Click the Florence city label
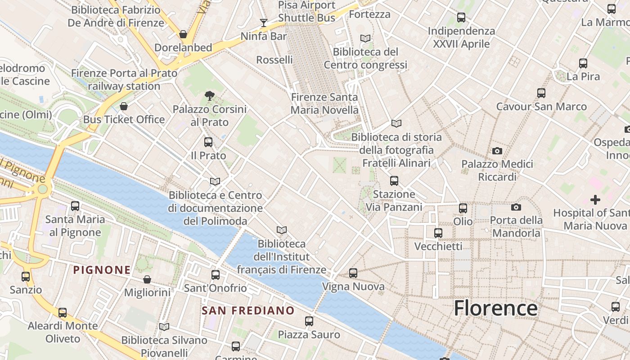click(495, 308)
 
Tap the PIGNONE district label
click(102, 270)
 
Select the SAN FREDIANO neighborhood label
click(248, 310)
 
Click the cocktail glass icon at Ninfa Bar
click(264, 22)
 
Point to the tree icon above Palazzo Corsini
click(209, 95)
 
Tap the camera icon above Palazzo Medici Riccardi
click(497, 151)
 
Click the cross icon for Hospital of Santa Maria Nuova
click(595, 199)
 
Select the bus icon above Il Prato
click(208, 142)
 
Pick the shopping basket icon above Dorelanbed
click(183, 34)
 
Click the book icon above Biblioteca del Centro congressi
click(365, 39)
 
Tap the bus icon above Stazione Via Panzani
click(394, 181)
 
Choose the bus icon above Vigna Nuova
click(353, 273)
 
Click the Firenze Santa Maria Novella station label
click(324, 103)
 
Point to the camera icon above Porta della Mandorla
click(516, 207)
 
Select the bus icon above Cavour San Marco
click(541, 93)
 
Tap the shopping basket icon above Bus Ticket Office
click(124, 106)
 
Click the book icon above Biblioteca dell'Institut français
click(282, 230)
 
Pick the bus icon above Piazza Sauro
click(309, 321)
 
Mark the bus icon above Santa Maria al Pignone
click(75, 206)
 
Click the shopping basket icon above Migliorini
click(147, 279)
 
